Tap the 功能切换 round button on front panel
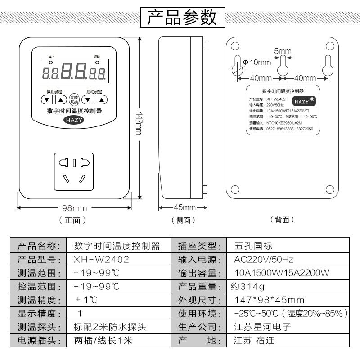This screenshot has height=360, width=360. [x=74, y=100]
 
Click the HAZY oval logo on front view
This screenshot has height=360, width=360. [x=74, y=120]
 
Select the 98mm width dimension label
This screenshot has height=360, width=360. [x=74, y=208]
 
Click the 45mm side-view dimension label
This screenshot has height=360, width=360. [x=184, y=207]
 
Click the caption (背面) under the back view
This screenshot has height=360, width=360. [x=282, y=220]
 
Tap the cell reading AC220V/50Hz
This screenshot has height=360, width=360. [x=264, y=260]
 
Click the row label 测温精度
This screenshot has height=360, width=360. [x=38, y=300]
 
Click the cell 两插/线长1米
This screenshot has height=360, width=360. [x=103, y=341]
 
